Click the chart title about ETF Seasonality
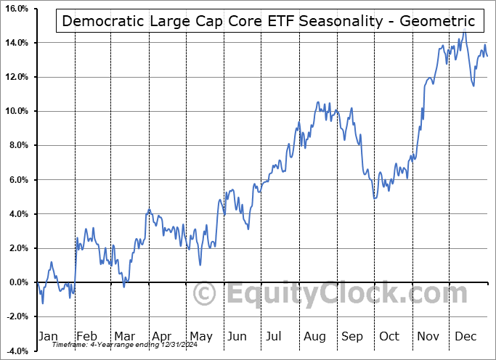(269, 20)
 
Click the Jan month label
(48, 336)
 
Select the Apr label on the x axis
(162, 336)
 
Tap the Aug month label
(314, 336)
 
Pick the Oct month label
(389, 336)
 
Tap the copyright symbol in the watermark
(206, 295)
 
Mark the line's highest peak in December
(464, 31)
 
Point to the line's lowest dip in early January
(43, 303)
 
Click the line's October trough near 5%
(374, 198)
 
